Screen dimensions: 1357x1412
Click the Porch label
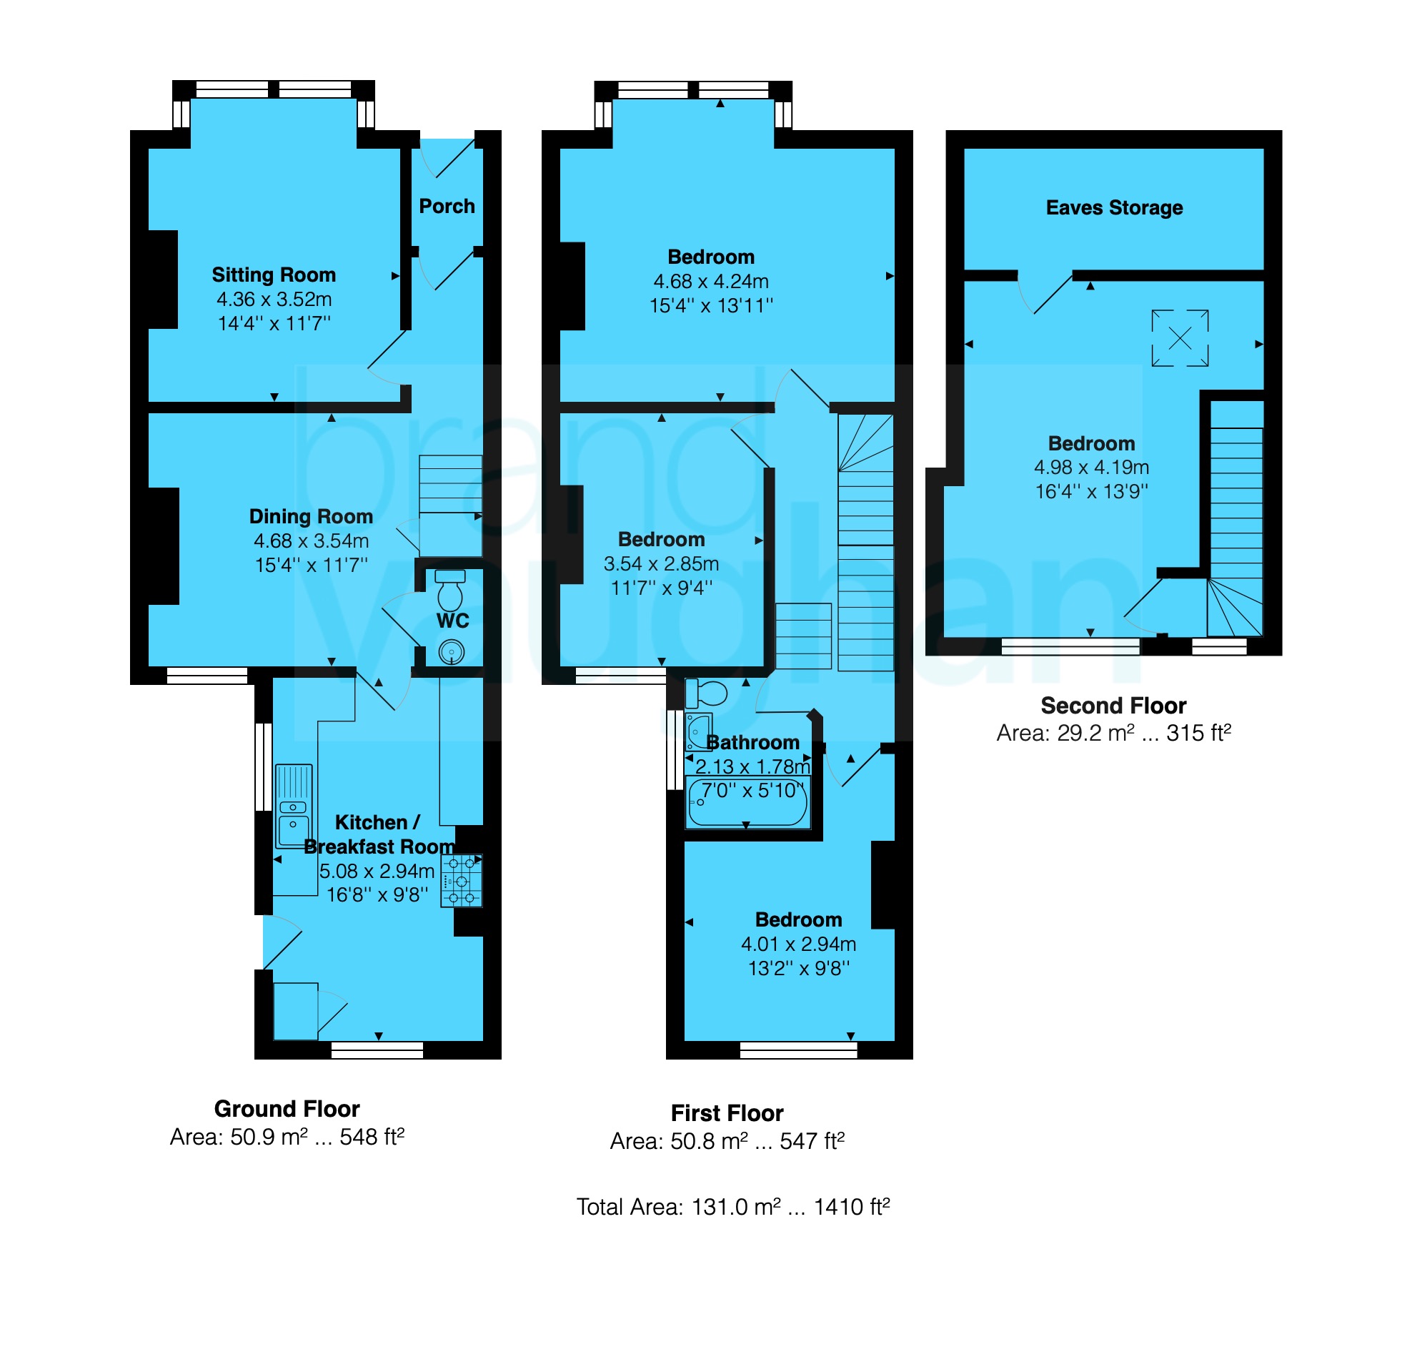(x=447, y=207)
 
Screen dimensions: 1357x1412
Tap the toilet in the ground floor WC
(x=450, y=591)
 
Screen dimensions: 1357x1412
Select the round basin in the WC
(x=451, y=652)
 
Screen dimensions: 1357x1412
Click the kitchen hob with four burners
(x=461, y=881)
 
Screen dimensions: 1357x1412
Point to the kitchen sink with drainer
(x=293, y=806)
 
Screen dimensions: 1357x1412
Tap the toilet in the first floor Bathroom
(x=707, y=694)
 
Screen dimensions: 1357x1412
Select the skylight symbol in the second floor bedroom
(x=1179, y=338)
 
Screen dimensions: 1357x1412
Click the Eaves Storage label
(x=1114, y=208)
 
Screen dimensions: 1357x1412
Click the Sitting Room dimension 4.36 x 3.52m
(x=274, y=300)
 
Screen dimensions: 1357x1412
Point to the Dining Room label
(x=311, y=517)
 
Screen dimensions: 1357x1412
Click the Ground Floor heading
(x=287, y=1108)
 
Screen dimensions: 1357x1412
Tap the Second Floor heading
(x=1113, y=706)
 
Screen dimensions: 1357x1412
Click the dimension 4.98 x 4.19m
(x=1090, y=468)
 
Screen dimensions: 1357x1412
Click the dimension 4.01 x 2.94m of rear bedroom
(x=798, y=944)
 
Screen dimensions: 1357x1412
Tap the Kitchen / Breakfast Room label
(x=378, y=834)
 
